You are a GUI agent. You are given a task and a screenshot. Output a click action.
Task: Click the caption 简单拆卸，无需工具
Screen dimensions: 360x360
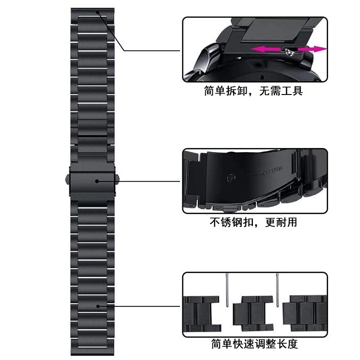(x=253, y=91)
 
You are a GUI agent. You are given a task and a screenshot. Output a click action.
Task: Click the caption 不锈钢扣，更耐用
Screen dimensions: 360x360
(x=253, y=222)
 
